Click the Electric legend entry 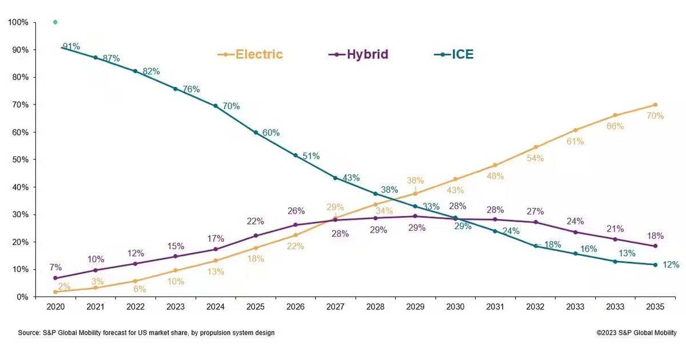[250, 55]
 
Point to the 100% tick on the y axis [18, 22]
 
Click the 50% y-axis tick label [20, 159]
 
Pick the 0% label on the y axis [22, 297]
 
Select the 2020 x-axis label [55, 307]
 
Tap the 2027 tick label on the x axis [335, 307]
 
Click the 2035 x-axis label [655, 307]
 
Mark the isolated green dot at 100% [55, 22]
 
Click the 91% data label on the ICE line [71, 46]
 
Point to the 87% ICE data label [111, 58]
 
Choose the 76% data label [191, 89]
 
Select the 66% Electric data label [615, 126]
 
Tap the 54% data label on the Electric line [535, 158]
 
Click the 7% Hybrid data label [55, 267]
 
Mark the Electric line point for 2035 [655, 105]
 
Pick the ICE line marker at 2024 [216, 106]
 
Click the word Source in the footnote [29, 333]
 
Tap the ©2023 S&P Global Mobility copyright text [636, 333]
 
